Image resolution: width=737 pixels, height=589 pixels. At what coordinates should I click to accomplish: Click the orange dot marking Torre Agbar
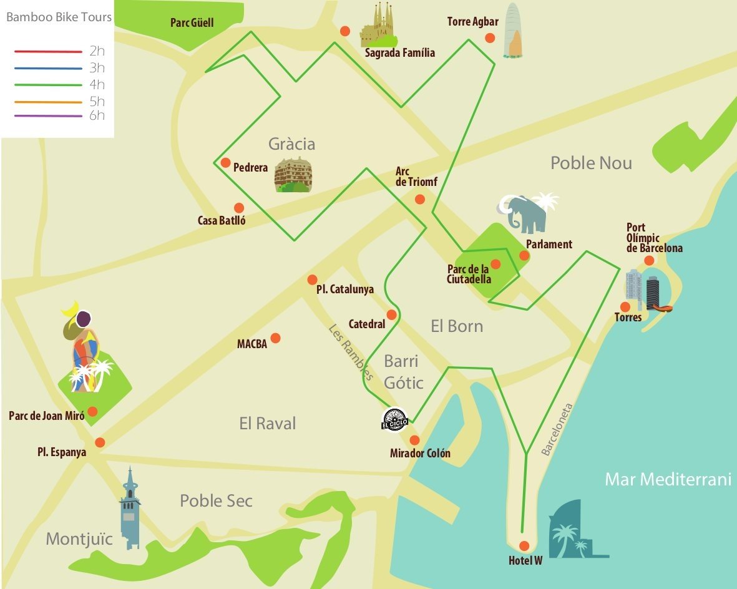490,37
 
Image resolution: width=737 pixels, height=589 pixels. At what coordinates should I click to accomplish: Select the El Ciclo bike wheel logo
394,419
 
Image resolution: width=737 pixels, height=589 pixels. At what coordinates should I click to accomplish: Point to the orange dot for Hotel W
524,545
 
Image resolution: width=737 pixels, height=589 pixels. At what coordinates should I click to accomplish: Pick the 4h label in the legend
97,84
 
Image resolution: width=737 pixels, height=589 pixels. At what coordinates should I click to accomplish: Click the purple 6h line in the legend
49,116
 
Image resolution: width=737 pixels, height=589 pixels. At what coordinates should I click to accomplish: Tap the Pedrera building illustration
293,175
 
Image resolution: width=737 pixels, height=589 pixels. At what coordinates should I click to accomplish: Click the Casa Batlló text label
222,220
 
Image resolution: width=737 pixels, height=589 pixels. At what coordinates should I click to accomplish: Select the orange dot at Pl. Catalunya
313,279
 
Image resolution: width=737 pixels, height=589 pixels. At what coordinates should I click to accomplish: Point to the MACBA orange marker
275,338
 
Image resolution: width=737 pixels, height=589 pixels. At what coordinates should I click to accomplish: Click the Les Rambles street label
351,352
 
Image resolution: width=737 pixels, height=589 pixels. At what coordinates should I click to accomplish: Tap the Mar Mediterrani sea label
668,479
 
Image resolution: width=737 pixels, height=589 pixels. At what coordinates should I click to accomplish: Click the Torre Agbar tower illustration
513,31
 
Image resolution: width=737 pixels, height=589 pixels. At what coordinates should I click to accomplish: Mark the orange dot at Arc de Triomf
420,199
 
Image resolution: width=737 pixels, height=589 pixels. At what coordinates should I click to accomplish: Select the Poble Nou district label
591,163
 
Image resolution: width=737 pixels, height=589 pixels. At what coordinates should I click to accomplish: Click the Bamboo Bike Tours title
59,17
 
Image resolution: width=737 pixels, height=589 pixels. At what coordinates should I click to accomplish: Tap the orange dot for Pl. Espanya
100,442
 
